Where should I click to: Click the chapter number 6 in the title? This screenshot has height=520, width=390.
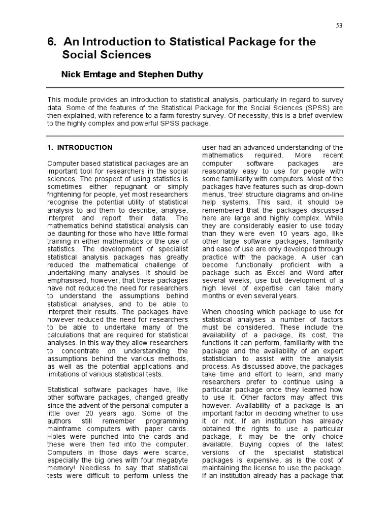(50, 42)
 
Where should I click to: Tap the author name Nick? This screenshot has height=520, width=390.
(72, 75)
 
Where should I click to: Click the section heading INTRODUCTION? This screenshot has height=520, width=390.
(85, 148)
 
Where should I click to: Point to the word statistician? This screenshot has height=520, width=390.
(223, 359)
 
